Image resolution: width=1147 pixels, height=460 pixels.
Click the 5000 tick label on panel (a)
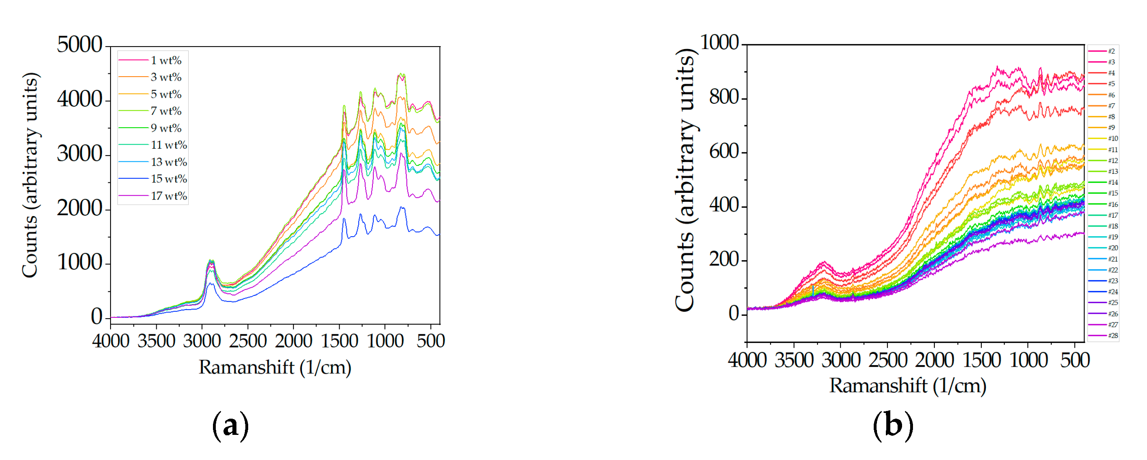(79, 45)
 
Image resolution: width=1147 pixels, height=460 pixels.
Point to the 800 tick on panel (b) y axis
(724, 97)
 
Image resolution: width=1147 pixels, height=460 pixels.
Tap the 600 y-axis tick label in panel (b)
(724, 152)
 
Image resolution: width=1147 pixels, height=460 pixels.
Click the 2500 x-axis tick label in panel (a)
(247, 341)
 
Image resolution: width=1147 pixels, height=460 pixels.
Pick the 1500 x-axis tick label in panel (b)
(981, 360)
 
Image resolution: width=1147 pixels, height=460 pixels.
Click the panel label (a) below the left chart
(230, 426)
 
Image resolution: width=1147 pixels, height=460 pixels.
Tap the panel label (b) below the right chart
(892, 426)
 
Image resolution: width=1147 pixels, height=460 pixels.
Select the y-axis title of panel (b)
(685, 180)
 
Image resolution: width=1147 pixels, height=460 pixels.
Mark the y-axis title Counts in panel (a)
(30, 175)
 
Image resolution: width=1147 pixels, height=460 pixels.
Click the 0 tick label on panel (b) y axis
(733, 314)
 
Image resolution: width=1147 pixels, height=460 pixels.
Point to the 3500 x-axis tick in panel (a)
(156, 341)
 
